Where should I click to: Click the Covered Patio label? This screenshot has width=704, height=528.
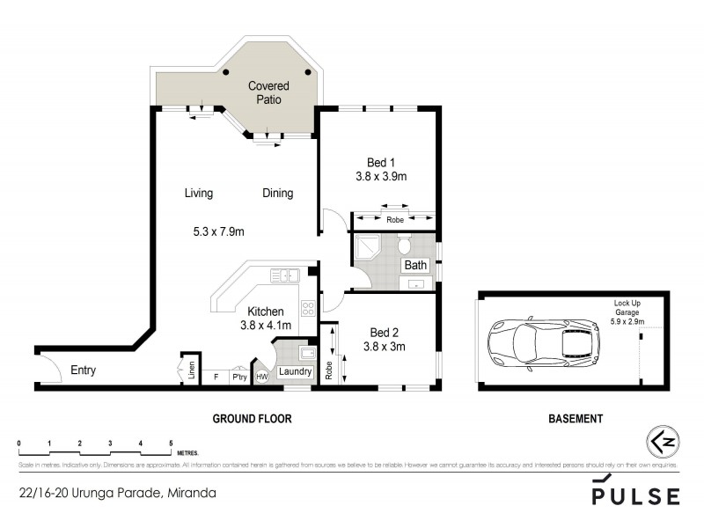click(268, 93)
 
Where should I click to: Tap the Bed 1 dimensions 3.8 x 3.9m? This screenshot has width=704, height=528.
click(379, 176)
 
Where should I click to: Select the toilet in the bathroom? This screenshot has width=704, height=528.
click(405, 244)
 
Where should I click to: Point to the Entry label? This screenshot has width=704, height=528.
click(83, 370)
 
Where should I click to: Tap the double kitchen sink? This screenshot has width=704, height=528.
click(287, 276)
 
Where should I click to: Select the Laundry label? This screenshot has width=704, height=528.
click(295, 372)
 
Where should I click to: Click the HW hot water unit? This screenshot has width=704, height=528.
click(261, 377)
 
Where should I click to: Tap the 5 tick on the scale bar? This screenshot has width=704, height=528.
click(170, 443)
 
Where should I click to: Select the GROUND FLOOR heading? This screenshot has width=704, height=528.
click(253, 419)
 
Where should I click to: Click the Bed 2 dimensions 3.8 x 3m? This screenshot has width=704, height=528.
click(384, 347)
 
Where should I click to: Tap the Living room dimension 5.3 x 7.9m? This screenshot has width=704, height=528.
click(218, 231)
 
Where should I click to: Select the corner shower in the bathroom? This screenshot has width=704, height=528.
click(367, 251)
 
